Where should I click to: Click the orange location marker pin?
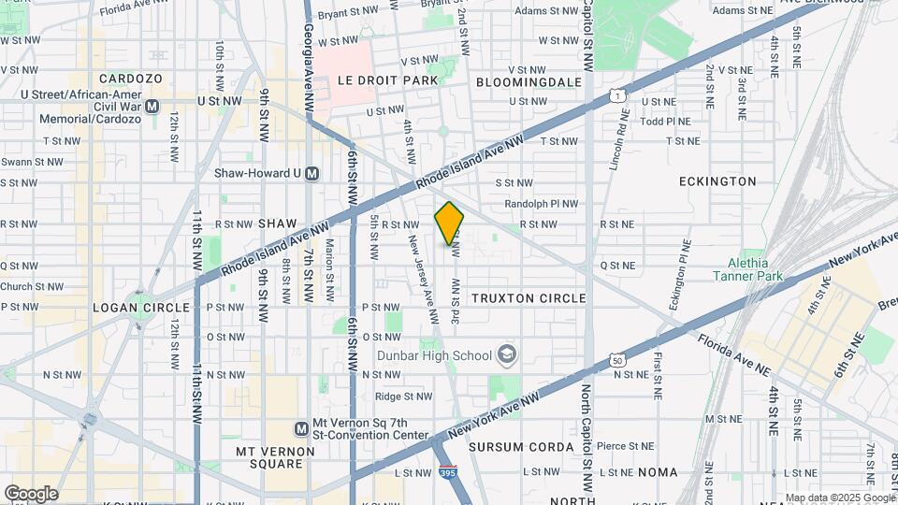tap(449, 224)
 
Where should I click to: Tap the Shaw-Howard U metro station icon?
tap(312, 173)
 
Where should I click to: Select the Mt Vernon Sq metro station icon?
tap(301, 429)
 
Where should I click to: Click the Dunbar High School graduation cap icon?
tap(506, 354)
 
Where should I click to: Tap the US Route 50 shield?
tap(616, 360)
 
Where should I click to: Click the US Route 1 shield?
tap(615, 95)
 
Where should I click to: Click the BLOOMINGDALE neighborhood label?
tap(529, 82)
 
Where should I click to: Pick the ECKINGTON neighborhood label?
tap(717, 181)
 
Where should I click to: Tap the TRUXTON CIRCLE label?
tap(529, 298)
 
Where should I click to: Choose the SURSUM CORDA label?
tap(521, 447)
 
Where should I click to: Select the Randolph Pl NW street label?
tap(538, 203)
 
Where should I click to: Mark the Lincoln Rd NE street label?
tap(615, 138)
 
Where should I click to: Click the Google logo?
tap(31, 494)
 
